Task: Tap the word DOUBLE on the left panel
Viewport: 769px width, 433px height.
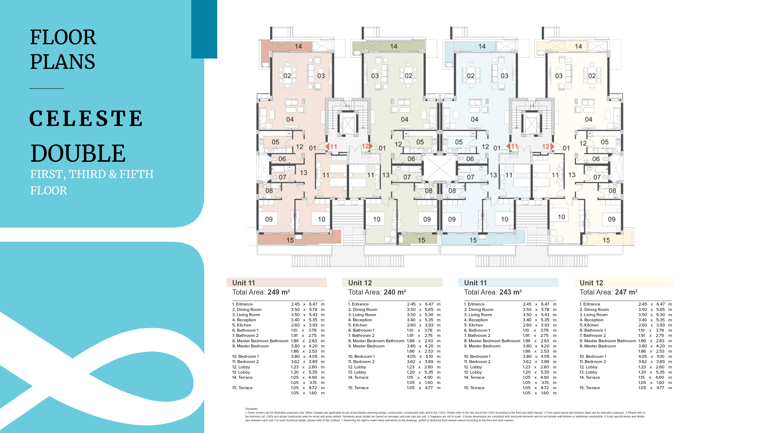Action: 78,153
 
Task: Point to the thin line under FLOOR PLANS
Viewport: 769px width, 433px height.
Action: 47,88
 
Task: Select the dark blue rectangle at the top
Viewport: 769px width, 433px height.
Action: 204,29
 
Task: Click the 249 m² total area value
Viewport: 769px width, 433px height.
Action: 279,292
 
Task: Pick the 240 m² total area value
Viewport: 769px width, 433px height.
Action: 395,292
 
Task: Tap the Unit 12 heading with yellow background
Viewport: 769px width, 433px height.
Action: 591,283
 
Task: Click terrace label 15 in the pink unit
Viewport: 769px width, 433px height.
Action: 290,240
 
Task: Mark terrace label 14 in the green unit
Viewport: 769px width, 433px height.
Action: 394,46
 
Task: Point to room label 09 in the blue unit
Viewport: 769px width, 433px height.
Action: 452,219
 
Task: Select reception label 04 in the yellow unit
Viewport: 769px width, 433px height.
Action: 589,119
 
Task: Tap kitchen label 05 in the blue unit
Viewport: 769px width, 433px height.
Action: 459,142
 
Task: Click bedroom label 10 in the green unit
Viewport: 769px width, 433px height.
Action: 377,219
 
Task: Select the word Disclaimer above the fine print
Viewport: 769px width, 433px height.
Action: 251,409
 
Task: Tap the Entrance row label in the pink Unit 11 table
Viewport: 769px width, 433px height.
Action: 242,304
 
